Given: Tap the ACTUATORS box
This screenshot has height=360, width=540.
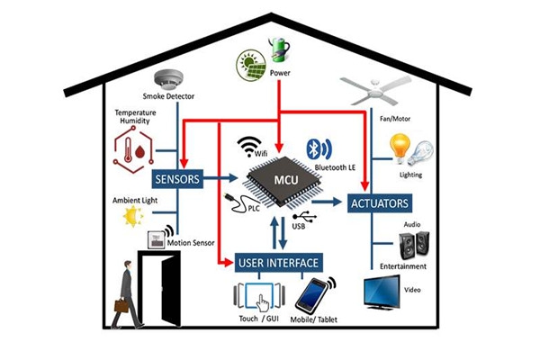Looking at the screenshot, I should pyautogui.click(x=381, y=202).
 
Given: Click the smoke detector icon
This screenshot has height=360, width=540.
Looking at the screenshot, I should pyautogui.click(x=168, y=78).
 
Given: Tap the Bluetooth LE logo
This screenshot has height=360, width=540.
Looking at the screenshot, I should pyautogui.click(x=315, y=147).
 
